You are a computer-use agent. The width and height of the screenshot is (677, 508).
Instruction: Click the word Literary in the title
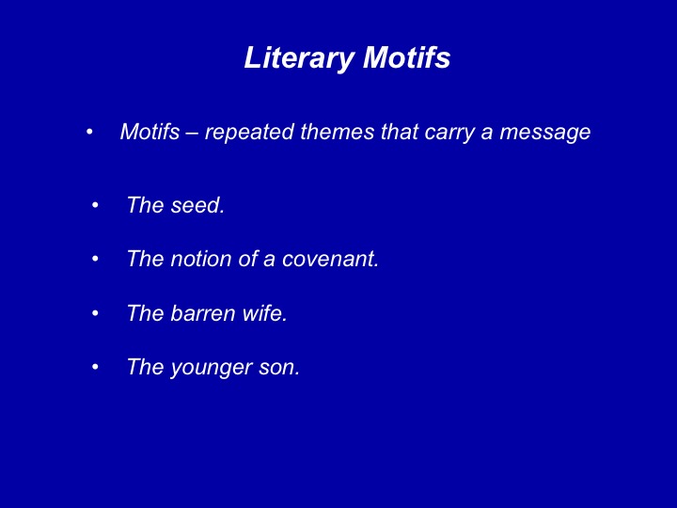coord(300,58)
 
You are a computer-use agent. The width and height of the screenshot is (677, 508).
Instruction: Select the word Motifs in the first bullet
coord(150,132)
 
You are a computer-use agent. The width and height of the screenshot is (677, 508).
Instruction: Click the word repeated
coord(249,133)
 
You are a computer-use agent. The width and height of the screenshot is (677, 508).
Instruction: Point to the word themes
coord(338,132)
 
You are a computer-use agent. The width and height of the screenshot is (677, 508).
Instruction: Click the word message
coord(544,133)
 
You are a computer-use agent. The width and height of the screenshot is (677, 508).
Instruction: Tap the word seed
coord(197,205)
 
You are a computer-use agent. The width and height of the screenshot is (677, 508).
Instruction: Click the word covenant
coord(330,260)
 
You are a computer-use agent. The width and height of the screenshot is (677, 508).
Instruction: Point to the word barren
coord(203,312)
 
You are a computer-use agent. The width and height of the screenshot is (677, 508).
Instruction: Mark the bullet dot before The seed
coord(95,205)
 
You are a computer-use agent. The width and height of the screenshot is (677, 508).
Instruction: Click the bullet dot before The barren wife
coord(95,313)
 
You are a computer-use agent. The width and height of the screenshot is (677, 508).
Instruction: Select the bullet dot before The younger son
coord(95,367)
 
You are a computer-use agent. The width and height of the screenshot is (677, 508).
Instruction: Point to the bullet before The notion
coord(95,260)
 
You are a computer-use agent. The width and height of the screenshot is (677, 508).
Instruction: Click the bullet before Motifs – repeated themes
coord(89,132)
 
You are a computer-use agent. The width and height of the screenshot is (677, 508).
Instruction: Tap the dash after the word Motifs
coord(192,134)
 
